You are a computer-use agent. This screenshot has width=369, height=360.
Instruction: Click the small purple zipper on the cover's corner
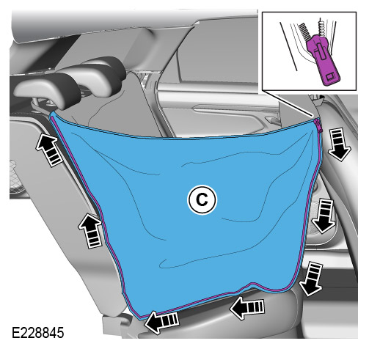point(320,125)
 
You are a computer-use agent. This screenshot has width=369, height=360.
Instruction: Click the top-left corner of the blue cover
point(56,114)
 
